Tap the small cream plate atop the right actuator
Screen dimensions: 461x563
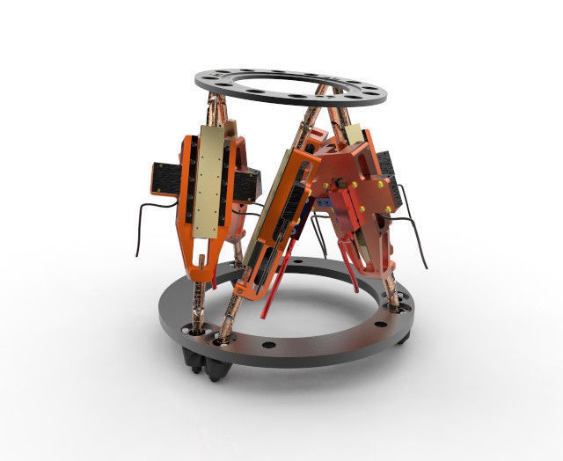[354, 132]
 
